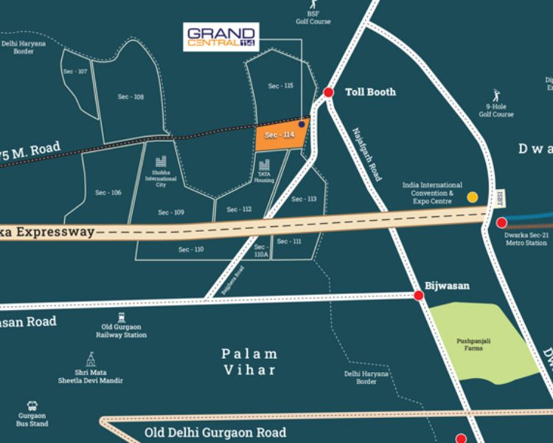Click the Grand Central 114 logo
tap(221, 36)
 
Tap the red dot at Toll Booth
tap(328, 92)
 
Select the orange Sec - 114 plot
tap(280, 135)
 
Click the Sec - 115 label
tap(280, 86)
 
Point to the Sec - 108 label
tap(131, 97)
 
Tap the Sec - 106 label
tap(108, 193)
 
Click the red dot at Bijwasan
tap(418, 295)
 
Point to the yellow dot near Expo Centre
tap(473, 197)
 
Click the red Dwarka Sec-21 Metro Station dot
tap(501, 222)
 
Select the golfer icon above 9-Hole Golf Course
tap(496, 96)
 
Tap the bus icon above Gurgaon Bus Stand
tap(33, 405)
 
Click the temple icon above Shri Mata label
tap(90, 360)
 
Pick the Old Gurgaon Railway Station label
tap(122, 330)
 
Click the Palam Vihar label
tap(249, 362)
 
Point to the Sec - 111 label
tap(289, 241)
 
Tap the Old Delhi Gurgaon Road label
tap(215, 433)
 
